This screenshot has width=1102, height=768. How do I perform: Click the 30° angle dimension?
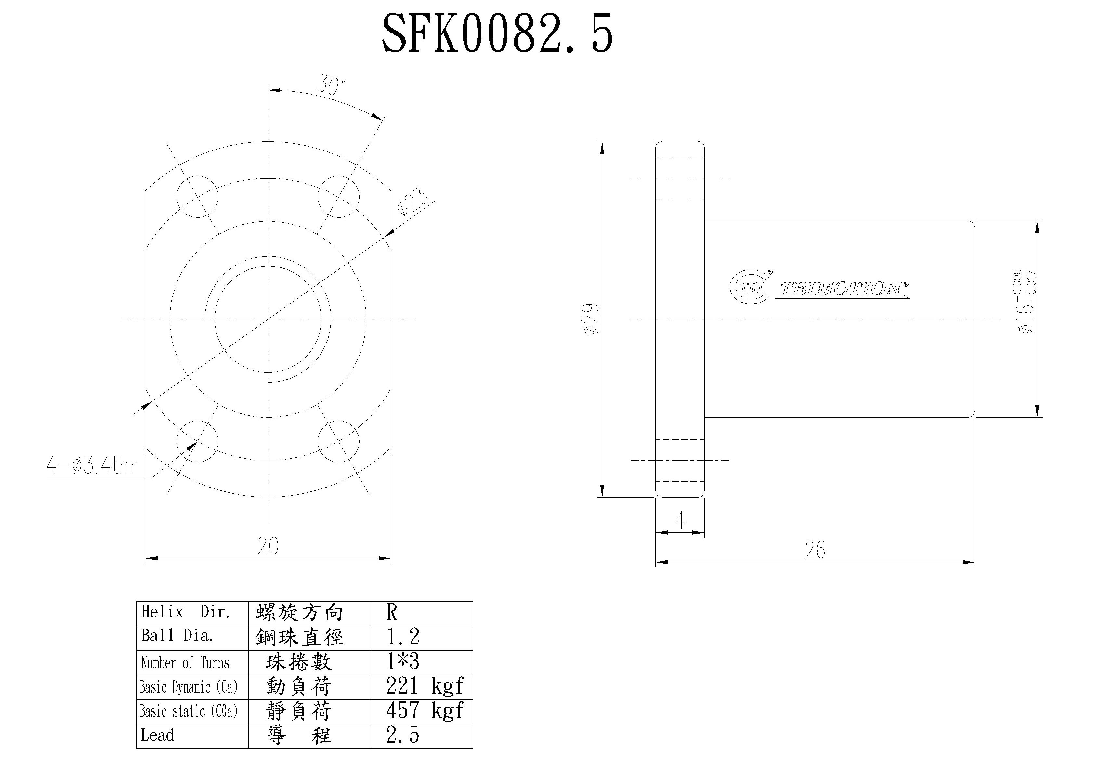coord(330,86)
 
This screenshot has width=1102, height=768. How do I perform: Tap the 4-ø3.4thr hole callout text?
coord(91,466)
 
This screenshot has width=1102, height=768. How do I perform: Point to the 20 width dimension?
coord(268,546)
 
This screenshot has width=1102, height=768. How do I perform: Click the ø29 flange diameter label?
coord(590,319)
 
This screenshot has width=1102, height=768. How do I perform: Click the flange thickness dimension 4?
coord(680,520)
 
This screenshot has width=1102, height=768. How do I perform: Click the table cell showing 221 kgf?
coord(424,686)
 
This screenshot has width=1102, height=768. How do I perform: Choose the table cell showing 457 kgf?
coord(424,711)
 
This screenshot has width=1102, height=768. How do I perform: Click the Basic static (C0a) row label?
coord(189,711)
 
